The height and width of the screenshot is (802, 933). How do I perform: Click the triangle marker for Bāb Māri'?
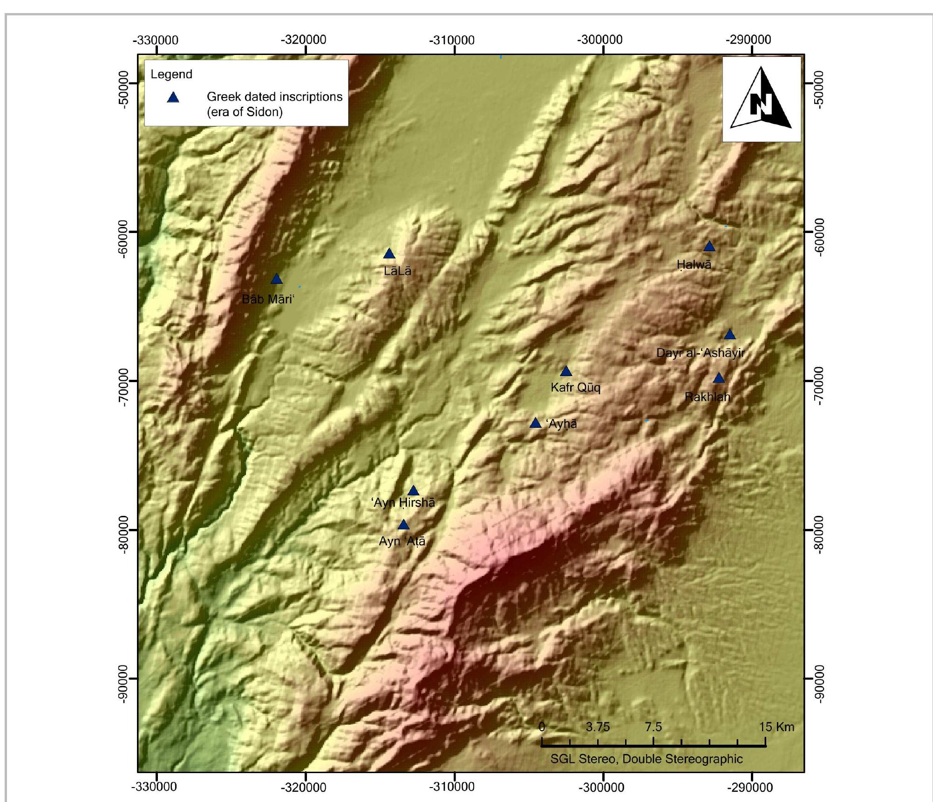click(x=277, y=279)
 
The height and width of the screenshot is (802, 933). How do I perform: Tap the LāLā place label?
click(x=397, y=271)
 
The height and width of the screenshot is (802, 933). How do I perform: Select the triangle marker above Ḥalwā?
click(x=709, y=247)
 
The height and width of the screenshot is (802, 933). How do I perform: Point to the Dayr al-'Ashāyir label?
click(x=700, y=353)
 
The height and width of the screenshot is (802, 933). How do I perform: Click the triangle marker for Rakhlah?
click(x=719, y=378)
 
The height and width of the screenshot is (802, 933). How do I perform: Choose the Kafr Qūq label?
click(x=575, y=387)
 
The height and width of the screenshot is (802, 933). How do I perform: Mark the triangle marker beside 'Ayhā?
click(x=536, y=423)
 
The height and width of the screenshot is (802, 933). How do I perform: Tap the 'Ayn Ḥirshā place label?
click(x=403, y=502)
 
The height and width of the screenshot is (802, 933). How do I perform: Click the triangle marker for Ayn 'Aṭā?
click(x=403, y=525)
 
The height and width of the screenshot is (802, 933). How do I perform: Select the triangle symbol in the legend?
click(x=173, y=97)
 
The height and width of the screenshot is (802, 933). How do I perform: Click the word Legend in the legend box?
click(x=171, y=74)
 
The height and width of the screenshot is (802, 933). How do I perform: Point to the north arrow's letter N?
click(x=761, y=104)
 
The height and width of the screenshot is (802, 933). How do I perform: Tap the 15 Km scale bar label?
click(x=776, y=727)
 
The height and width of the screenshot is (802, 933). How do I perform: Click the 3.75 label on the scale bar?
click(x=598, y=727)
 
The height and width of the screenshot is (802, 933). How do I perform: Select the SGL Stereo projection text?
click(x=646, y=759)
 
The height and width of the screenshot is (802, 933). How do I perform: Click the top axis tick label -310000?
click(x=452, y=40)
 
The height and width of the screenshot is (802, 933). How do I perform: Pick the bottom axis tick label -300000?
click(x=601, y=787)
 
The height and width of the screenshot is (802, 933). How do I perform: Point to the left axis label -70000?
click(x=123, y=387)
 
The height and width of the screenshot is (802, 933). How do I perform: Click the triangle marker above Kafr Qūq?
click(x=565, y=371)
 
